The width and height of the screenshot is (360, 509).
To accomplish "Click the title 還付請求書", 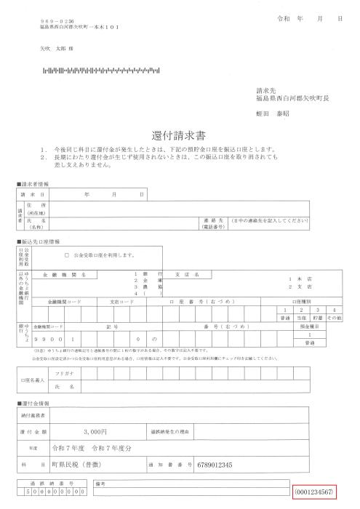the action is (179, 135).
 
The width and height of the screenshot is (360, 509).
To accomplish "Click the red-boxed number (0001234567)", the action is (314, 493).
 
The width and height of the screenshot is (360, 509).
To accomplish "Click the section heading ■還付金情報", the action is (33, 403).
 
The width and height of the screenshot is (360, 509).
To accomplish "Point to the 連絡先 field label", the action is (211, 220).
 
